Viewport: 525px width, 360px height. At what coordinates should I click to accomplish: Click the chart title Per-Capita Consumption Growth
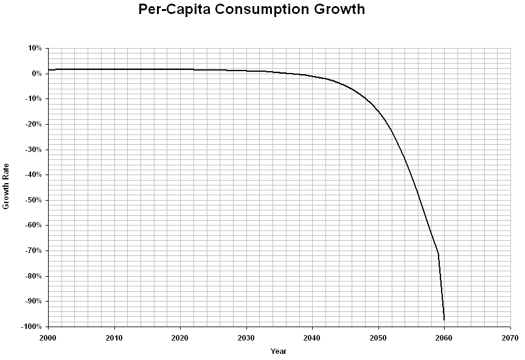coord(252,10)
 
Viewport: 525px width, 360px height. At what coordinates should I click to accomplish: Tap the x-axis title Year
coord(279,351)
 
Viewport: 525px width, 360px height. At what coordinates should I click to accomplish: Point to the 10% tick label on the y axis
coord(35,48)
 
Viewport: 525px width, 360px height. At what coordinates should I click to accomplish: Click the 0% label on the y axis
coord(37,74)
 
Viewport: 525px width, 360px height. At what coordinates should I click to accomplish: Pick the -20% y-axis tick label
coord(33,124)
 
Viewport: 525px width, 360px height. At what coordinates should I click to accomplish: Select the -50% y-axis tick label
coord(33,200)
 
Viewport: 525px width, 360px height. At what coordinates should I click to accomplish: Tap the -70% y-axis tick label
coord(33,251)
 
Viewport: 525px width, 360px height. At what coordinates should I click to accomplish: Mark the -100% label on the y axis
coord(32,327)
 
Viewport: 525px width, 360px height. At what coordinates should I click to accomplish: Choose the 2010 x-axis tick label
coord(114,337)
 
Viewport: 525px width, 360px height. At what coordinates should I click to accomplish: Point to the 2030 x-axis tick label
coord(246,337)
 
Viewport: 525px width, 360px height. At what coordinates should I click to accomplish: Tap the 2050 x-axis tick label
coord(378,337)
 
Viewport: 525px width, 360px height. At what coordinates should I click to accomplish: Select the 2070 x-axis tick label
coord(510,337)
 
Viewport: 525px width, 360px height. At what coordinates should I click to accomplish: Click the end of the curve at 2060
coord(444,320)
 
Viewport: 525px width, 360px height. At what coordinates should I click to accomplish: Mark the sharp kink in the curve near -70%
coord(438,254)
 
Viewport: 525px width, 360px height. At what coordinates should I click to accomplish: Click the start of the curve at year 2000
coord(48,70)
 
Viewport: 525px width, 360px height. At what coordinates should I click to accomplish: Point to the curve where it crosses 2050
coord(378,111)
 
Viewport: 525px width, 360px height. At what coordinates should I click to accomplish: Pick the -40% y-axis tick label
coord(33,175)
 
